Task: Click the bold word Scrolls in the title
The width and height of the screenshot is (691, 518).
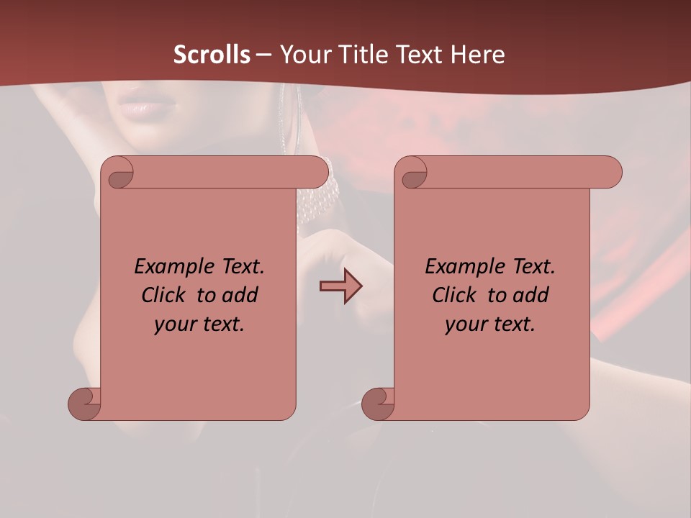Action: click(x=212, y=55)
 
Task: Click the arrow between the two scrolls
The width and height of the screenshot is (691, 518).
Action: click(x=340, y=286)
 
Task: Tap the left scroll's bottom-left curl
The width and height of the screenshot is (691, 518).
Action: click(x=85, y=404)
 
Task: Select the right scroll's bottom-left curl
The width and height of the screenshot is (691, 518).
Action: click(x=378, y=404)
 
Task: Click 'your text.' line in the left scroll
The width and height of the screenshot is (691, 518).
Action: click(x=199, y=324)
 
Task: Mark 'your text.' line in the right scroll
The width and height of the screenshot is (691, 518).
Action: click(x=489, y=324)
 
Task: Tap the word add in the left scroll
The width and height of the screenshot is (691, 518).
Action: click(x=240, y=295)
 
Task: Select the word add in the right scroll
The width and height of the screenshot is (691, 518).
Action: click(x=531, y=295)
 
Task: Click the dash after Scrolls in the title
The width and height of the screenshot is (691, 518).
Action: click(x=263, y=55)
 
